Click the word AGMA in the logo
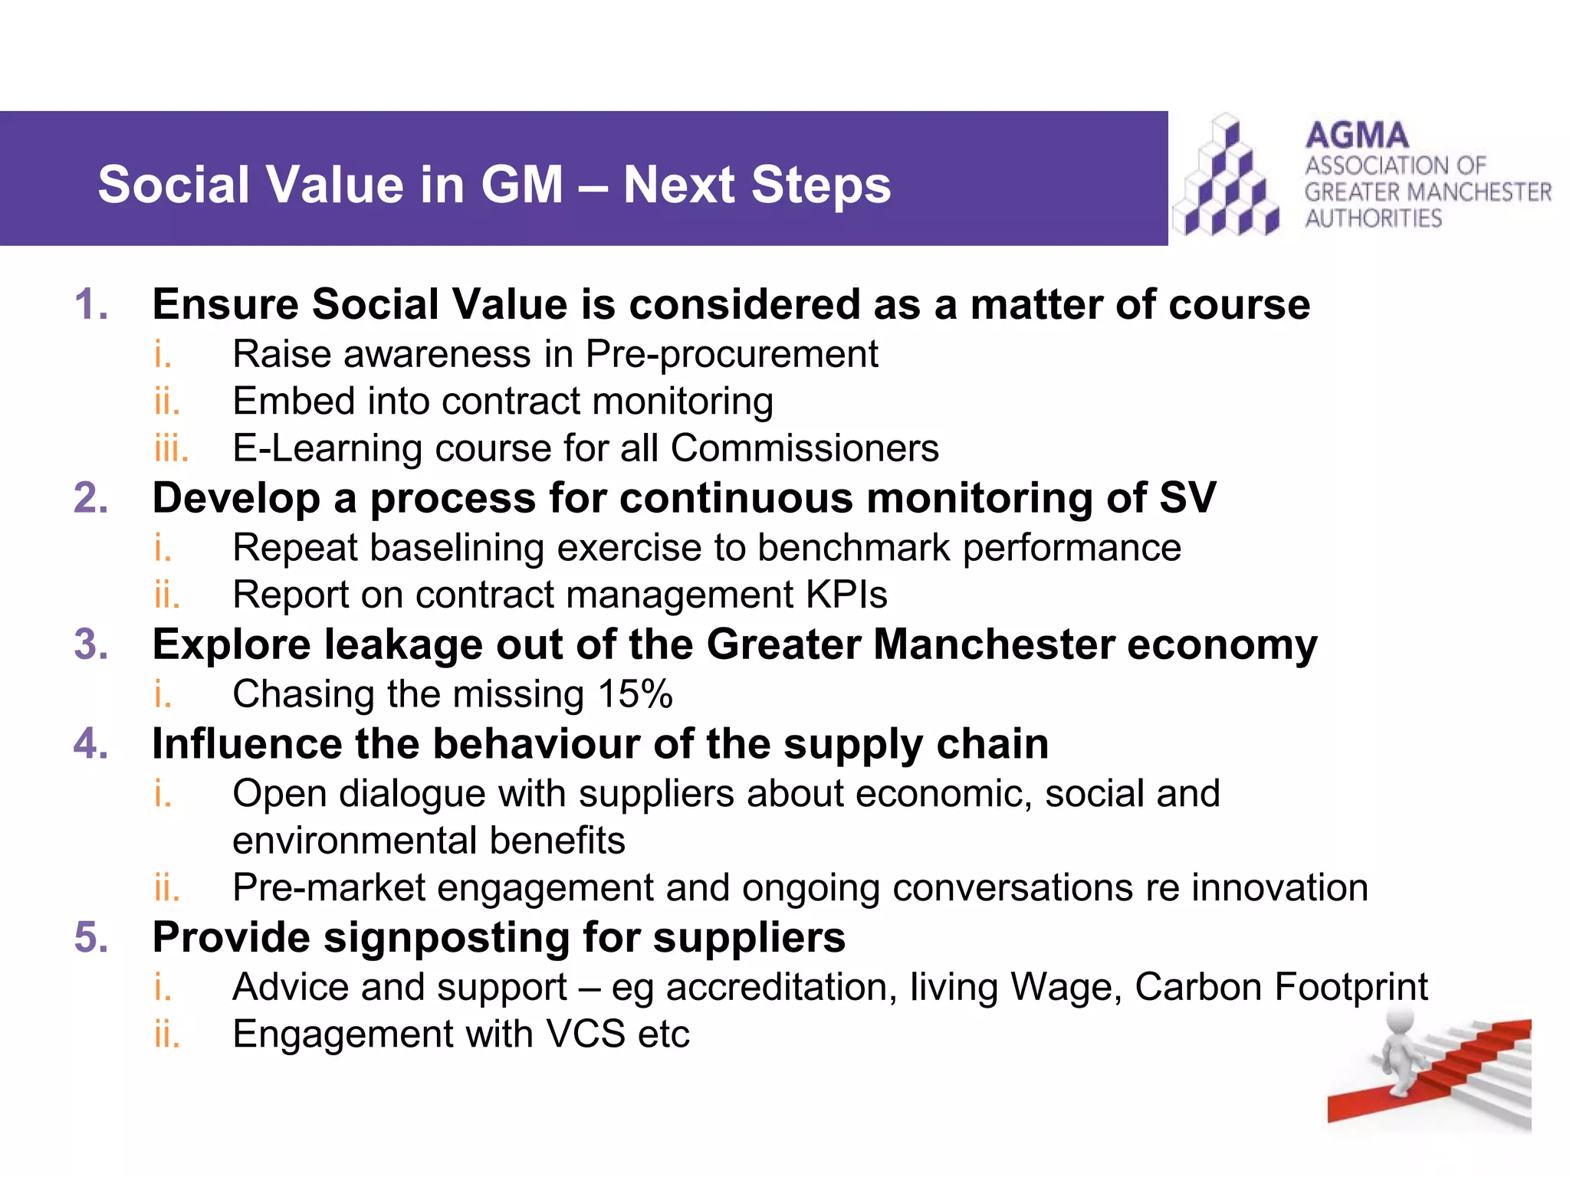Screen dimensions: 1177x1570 tap(1357, 136)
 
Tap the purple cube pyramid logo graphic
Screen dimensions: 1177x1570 tap(1227, 179)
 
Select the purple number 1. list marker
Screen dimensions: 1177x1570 tap(91, 304)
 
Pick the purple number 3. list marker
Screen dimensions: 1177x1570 tap(91, 644)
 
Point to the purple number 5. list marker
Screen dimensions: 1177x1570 tap(91, 937)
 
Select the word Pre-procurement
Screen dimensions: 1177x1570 tap(731, 355)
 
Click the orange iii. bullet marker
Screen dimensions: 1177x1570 tap(170, 448)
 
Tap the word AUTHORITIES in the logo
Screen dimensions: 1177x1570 tap(1373, 218)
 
